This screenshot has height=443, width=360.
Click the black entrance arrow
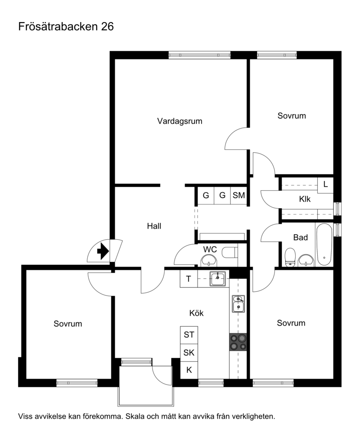coord(103,251)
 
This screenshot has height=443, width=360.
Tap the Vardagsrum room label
coord(180,121)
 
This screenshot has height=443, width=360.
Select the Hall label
coord(154,226)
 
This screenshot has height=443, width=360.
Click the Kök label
coord(196,313)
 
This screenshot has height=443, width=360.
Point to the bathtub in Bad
coord(324,245)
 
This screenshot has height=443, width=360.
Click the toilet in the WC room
coord(230,252)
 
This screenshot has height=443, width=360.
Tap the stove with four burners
coord(238,342)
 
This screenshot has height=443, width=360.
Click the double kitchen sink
coord(238,304)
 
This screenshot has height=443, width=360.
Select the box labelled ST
coord(189,335)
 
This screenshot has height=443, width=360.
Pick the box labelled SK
coord(189,353)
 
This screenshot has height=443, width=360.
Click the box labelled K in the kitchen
coord(189,370)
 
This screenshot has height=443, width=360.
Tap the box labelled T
coord(189,279)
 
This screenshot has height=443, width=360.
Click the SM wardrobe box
coord(239,195)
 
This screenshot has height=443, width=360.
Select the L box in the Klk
coord(325,185)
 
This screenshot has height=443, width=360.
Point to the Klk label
coord(305,199)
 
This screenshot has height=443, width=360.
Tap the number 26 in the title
coord(108,27)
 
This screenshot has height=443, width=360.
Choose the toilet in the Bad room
coord(290,257)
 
